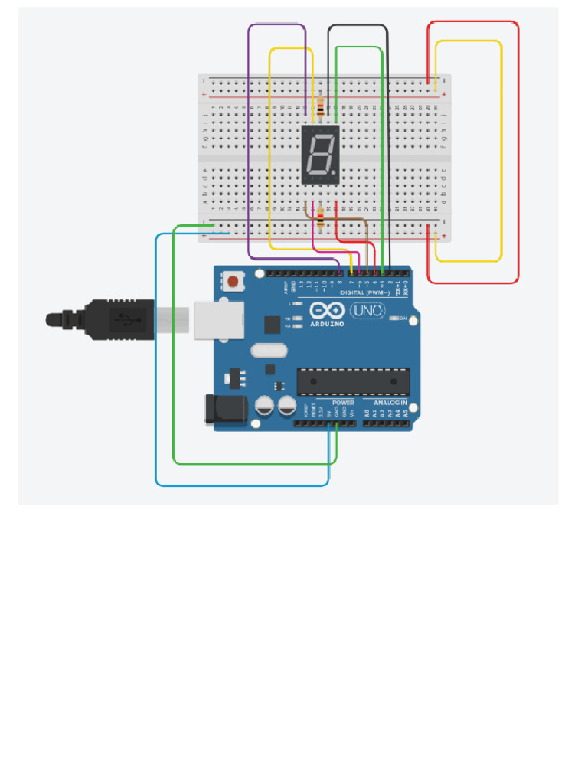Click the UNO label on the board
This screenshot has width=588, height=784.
pyautogui.click(x=367, y=312)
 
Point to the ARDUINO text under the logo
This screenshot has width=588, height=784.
pyautogui.click(x=327, y=323)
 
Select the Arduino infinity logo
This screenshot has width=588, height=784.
pyautogui.click(x=327, y=310)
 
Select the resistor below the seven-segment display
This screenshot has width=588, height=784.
pyautogui.click(x=320, y=221)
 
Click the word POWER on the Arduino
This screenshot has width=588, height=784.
pyautogui.click(x=343, y=402)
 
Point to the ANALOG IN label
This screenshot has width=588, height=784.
pyautogui.click(x=390, y=402)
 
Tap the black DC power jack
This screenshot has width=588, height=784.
pyautogui.click(x=224, y=409)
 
